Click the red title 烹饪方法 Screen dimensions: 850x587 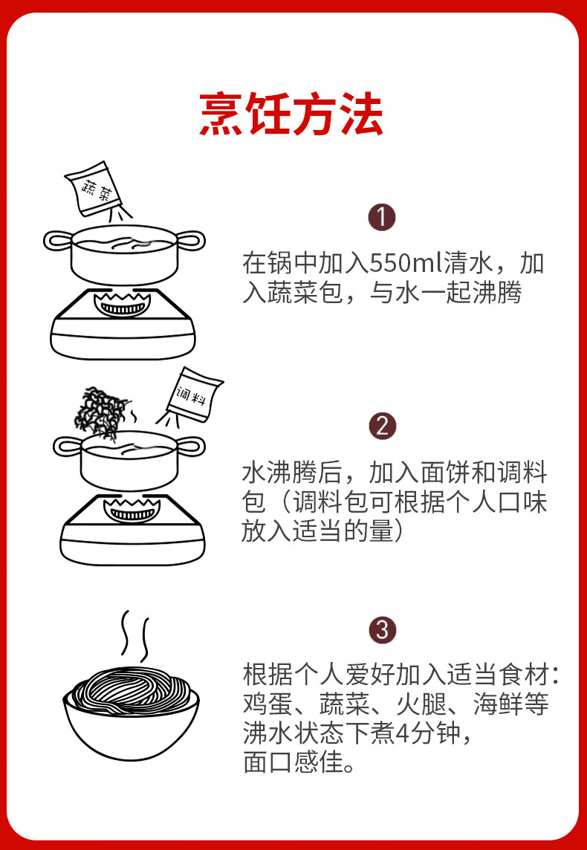tap(291, 114)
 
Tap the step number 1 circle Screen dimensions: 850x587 tap(383, 218)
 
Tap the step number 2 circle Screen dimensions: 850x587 tap(383, 426)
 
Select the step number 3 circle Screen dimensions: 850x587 tap(383, 630)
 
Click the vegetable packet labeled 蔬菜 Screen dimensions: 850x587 tap(95, 188)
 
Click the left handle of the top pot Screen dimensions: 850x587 tap(56, 240)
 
